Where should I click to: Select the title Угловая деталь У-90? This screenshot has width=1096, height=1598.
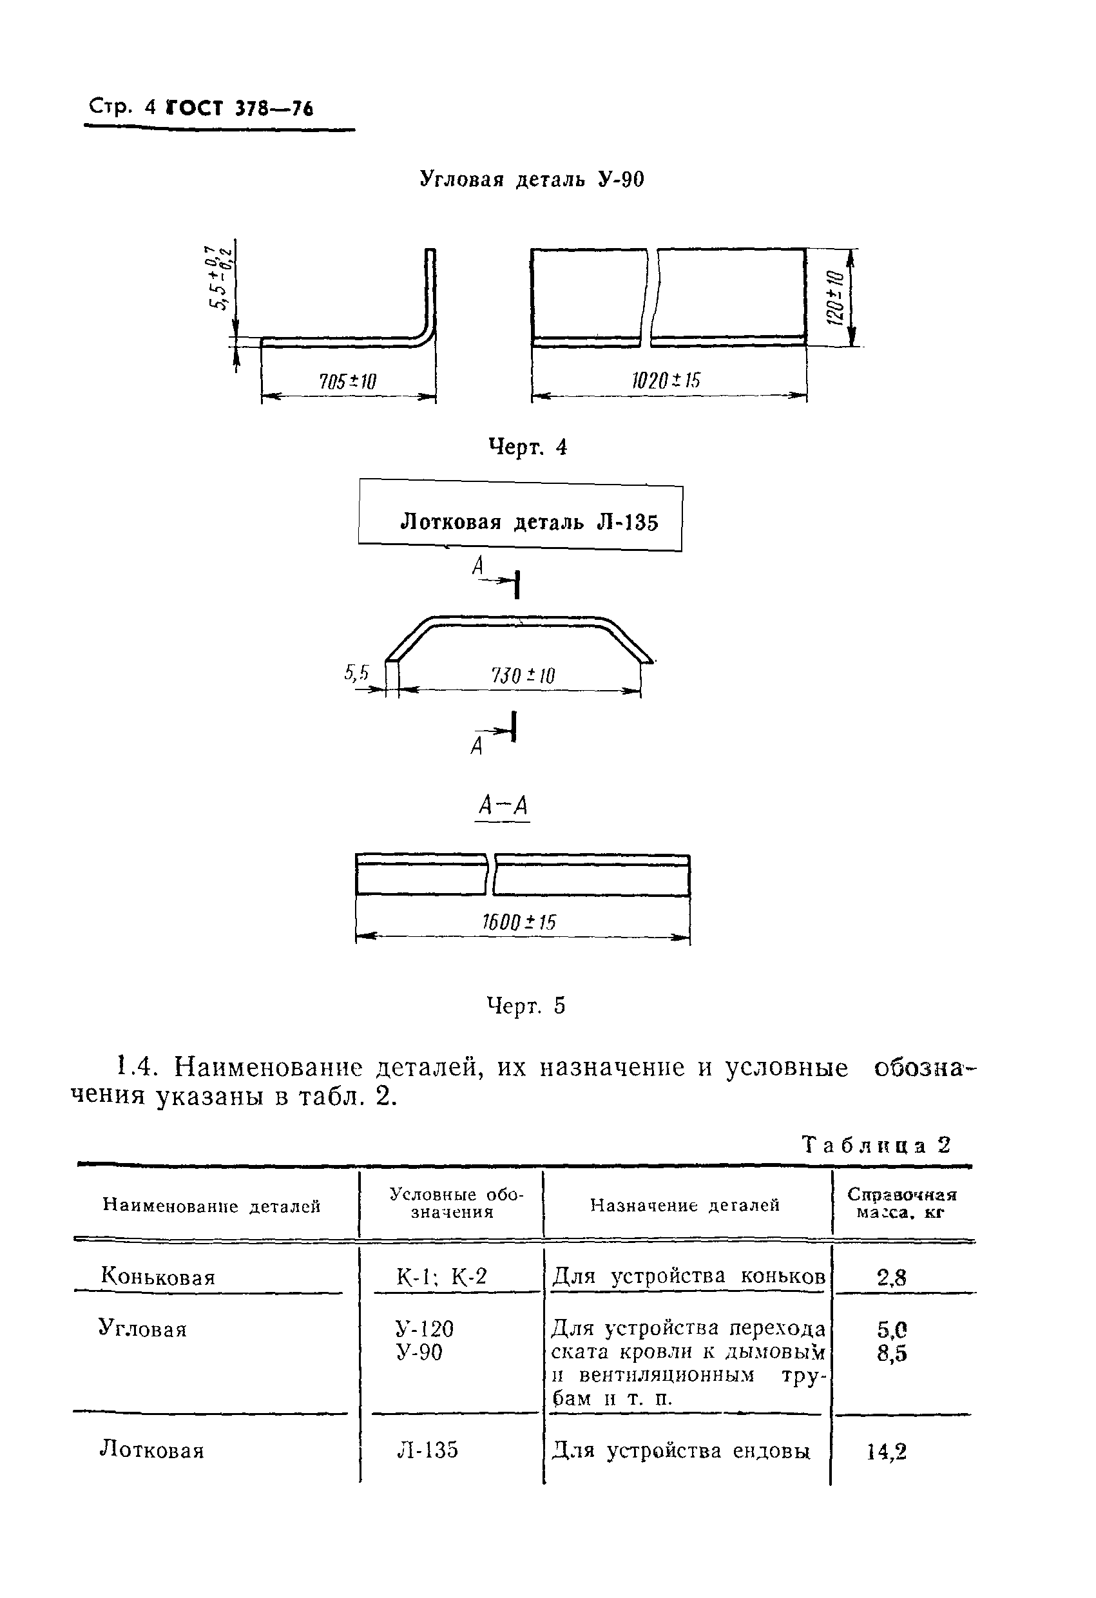[532, 180]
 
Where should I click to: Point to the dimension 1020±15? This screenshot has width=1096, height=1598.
[666, 380]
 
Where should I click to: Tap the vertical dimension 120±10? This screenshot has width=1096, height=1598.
[833, 298]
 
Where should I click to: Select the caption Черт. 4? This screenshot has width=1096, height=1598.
[527, 448]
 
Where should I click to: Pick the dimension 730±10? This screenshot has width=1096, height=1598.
[523, 675]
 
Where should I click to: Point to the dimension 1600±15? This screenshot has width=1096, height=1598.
[519, 922]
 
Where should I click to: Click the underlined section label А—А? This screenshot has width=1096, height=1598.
[503, 806]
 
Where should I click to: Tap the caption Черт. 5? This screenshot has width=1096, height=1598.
[525, 1006]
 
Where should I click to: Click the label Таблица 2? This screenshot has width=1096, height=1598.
[876, 1145]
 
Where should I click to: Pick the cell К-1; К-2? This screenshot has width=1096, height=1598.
[441, 1276]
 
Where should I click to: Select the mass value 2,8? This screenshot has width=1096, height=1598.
[891, 1278]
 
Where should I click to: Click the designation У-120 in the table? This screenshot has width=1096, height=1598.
[425, 1329]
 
